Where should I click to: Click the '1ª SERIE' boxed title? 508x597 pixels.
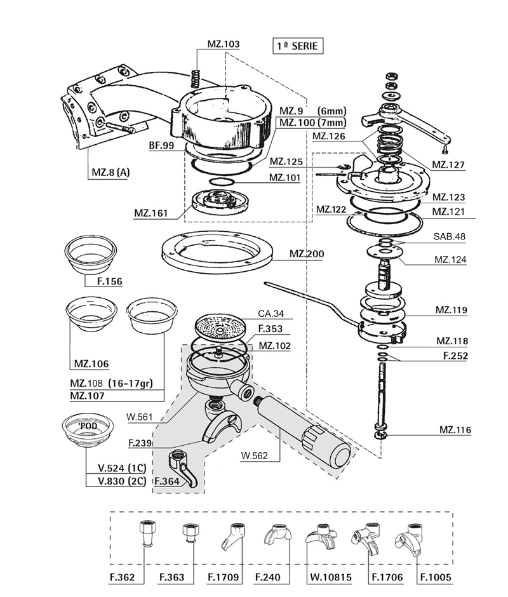point(298,46)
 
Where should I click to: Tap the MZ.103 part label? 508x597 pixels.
point(224,44)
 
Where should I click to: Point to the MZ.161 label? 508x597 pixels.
point(150,213)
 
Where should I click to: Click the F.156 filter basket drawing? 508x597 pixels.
point(90,255)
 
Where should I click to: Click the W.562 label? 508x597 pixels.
point(255,455)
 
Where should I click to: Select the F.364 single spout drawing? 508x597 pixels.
point(182,467)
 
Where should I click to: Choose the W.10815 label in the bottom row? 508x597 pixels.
point(331,577)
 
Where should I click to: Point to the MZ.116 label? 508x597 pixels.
point(455,430)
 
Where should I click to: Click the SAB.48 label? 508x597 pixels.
point(450,236)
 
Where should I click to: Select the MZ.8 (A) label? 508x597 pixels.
point(110,173)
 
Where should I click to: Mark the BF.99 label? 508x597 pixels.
point(161,145)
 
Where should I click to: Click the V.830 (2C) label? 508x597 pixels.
point(122,481)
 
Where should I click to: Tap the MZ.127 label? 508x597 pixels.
point(448,165)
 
